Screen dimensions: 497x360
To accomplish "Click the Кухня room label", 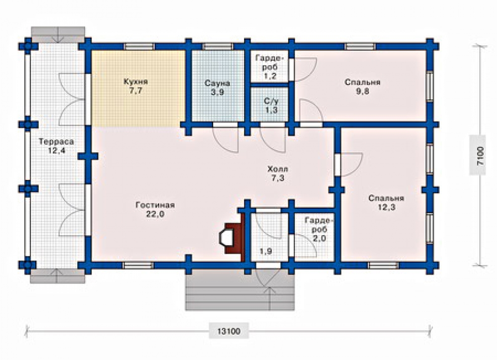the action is tap(136, 82).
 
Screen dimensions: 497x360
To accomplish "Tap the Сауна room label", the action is tap(217, 84).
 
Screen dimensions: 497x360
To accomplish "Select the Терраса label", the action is tap(57, 141).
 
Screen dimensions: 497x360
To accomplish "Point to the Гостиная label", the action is tap(155, 205).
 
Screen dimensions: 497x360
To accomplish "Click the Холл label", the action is tap(277, 169).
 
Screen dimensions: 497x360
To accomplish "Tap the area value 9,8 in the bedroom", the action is tap(362, 91).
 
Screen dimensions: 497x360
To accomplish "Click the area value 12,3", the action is tap(386, 207).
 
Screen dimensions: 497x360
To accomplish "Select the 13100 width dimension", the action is tap(229, 332).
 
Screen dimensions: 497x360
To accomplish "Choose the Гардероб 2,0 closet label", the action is tap(319, 229).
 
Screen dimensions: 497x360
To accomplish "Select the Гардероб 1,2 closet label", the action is tap(270, 67).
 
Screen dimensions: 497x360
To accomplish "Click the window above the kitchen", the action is tap(139, 47).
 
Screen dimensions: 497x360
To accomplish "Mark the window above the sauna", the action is tap(217, 47).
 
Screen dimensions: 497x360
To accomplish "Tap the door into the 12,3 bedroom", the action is tap(349, 164).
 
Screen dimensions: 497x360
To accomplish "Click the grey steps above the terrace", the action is tap(58, 34).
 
